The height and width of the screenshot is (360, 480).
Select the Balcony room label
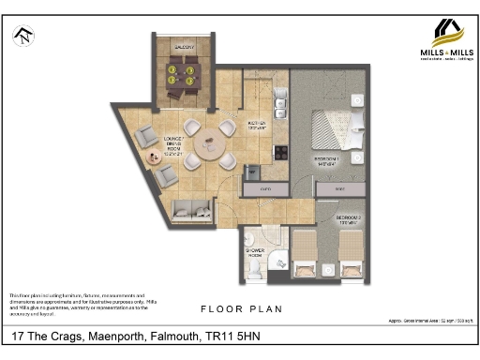(x=184, y=47)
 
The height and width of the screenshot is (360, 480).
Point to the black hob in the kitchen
(x=278, y=149)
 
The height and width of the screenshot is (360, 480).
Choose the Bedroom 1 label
(x=325, y=160)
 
